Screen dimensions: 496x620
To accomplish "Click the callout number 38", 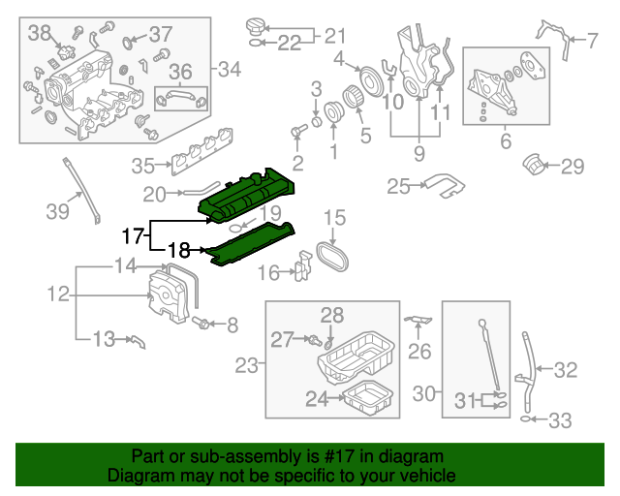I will (40, 34).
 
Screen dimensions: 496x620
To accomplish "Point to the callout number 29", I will (573, 167).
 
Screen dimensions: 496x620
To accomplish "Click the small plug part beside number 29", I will (532, 164).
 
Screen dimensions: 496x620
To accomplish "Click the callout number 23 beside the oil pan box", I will (247, 365).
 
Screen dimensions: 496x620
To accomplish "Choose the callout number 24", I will (317, 398).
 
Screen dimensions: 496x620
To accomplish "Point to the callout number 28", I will (332, 315).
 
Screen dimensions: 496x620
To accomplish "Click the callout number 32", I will (566, 368).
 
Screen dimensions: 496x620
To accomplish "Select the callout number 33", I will (560, 420).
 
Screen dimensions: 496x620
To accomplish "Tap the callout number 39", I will (59, 210).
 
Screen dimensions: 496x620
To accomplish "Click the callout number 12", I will (56, 293).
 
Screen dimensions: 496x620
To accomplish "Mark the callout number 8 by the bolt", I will (232, 325).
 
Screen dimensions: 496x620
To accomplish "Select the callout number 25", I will (398, 185).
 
